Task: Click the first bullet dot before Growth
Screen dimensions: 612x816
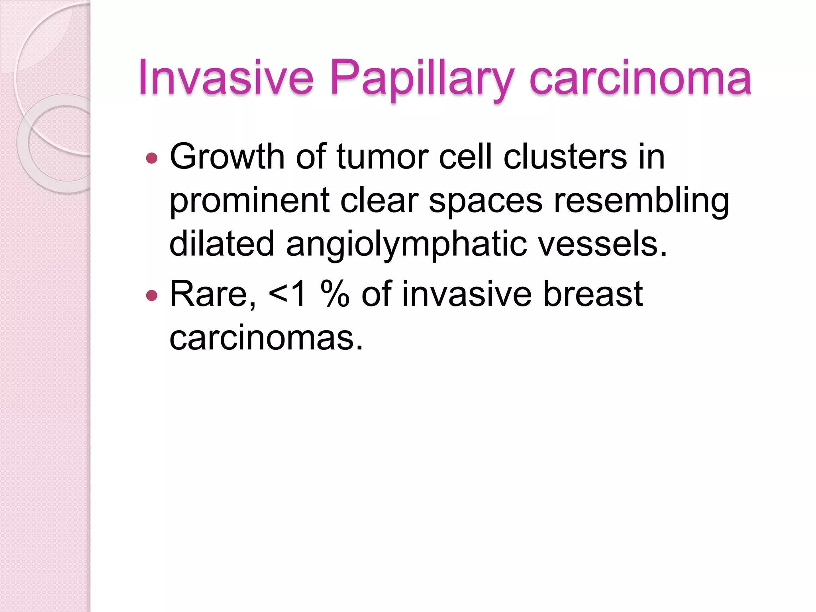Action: (x=152, y=159)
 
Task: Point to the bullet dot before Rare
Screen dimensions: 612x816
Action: (x=152, y=296)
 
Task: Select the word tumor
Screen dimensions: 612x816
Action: (x=382, y=156)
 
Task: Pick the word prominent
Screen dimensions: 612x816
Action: (x=249, y=200)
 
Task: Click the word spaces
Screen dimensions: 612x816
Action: (x=486, y=200)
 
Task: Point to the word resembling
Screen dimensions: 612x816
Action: (x=641, y=200)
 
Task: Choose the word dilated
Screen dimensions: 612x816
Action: (x=222, y=244)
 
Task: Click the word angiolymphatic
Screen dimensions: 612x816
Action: (x=406, y=244)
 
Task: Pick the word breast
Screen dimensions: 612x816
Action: (x=593, y=294)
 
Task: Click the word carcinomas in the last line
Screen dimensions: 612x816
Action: (x=266, y=338)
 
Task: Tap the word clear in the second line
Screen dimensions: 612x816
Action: (x=379, y=200)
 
